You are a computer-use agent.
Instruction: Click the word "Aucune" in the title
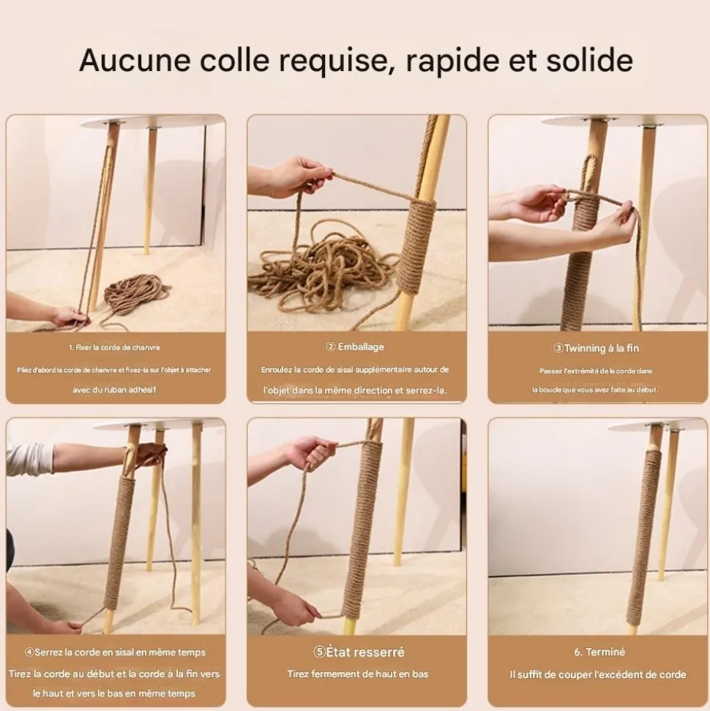[x=135, y=60]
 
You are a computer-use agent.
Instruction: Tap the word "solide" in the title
[x=589, y=60]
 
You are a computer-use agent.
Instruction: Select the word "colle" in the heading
[x=235, y=60]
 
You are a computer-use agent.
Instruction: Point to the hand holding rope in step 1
[x=68, y=315]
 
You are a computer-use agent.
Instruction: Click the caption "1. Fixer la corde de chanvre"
[x=114, y=347]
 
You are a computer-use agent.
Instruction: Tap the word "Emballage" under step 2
[x=361, y=347]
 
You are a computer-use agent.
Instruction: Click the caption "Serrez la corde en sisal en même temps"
[x=120, y=652]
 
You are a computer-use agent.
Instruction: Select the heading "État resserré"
[x=365, y=652]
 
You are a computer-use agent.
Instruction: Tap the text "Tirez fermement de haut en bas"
[x=358, y=674]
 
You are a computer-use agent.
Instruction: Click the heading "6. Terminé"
[x=599, y=652]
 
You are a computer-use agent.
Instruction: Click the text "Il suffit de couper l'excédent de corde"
[x=597, y=674]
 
